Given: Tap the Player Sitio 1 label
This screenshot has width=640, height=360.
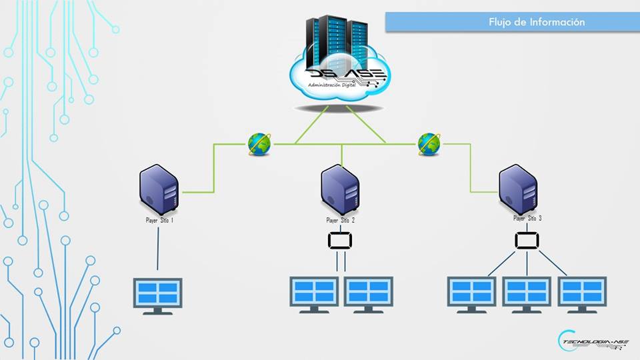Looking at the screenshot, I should [x=160, y=220].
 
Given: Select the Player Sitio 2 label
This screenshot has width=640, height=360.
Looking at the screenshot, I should [x=341, y=220].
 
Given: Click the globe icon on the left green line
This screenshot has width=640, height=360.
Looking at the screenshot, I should [x=259, y=143].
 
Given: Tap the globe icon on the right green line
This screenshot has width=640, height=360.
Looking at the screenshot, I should [x=429, y=143].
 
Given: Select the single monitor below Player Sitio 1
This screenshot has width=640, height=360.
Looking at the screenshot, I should [x=157, y=294].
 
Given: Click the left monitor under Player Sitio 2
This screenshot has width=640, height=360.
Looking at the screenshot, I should [x=314, y=293].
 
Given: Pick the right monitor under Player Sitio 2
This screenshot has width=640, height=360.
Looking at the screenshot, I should [x=369, y=293].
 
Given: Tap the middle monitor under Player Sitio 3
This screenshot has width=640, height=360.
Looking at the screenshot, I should [x=527, y=293].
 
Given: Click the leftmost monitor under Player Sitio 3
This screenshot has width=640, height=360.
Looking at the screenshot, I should [x=472, y=293].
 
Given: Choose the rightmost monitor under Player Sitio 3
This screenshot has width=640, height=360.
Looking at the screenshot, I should [x=582, y=293].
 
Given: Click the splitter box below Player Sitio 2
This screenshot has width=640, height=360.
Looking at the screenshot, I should [x=341, y=240].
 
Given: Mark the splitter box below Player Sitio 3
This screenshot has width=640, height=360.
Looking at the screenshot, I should [x=527, y=240].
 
